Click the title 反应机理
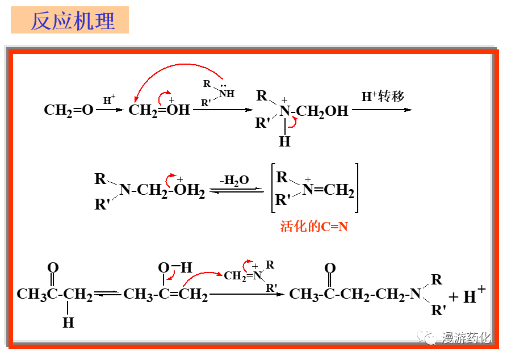coord(72,20)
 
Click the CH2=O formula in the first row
coord(69,110)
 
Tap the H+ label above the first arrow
coord(109,100)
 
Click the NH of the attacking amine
coord(227,94)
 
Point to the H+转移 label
coord(383,97)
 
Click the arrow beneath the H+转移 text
coord(382,109)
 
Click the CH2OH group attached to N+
coord(322,111)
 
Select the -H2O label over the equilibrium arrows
coord(235,180)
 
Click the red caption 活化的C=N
coord(314,227)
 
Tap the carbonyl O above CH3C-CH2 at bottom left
coord(53,267)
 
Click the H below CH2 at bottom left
coord(68,323)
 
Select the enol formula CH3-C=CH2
coord(165,294)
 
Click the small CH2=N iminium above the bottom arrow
coord(244,275)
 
